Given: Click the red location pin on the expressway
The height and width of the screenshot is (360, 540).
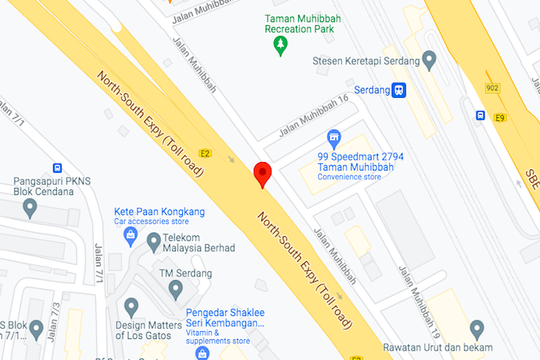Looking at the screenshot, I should pyautogui.click(x=263, y=174).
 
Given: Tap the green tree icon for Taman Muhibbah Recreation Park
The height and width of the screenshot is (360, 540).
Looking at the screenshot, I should pyautogui.click(x=280, y=46).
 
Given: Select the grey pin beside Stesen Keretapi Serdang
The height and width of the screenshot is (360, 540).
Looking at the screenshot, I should pyautogui.click(x=430, y=59).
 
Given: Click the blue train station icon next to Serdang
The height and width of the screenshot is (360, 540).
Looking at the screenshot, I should pyautogui.click(x=399, y=90).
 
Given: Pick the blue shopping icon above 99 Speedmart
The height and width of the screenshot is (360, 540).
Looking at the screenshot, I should pyautogui.click(x=333, y=136).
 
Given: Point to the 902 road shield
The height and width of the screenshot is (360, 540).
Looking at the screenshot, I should pyautogui.click(x=492, y=88).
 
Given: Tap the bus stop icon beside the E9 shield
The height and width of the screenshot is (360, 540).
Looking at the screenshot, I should pyautogui.click(x=480, y=115).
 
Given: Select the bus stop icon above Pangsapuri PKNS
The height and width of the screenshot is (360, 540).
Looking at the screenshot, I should pyautogui.click(x=57, y=168).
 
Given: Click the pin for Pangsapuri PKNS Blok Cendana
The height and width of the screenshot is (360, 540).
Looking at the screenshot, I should pyautogui.click(x=30, y=207).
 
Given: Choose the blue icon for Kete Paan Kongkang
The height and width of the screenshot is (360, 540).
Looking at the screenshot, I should pyautogui.click(x=130, y=235).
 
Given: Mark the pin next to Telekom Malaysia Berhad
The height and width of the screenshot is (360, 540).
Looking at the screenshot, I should pyautogui.click(x=153, y=242).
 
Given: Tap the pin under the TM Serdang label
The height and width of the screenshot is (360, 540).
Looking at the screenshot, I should pyautogui.click(x=176, y=289).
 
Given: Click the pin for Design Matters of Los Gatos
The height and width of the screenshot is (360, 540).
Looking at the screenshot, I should pyautogui.click(x=130, y=307).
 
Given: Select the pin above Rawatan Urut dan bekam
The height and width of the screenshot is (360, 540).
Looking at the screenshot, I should pyautogui.click(x=476, y=329).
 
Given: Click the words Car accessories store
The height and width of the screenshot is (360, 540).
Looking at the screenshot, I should pyautogui.click(x=151, y=222).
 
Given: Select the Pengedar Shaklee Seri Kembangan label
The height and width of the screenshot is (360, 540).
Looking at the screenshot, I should pyautogui.click(x=225, y=318).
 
